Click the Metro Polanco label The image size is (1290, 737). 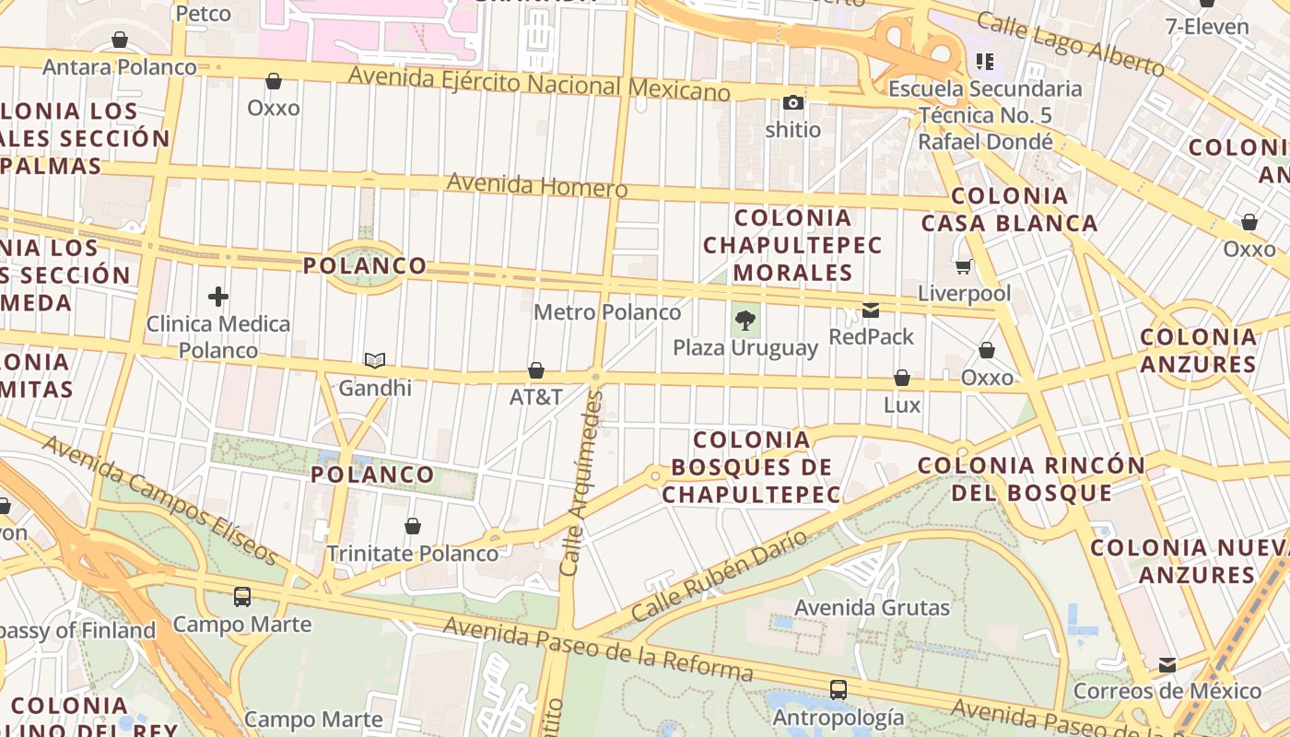[607, 312]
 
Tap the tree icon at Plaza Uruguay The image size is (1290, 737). [745, 321]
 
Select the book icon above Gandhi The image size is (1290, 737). [375, 360]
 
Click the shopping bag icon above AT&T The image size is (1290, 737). [536, 370]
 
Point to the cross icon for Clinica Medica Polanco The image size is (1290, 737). [218, 297]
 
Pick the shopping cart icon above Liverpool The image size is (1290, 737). [964, 266]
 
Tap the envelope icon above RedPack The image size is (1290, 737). [871, 310]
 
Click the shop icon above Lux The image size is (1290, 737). [902, 378]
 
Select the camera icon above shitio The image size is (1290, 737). [793, 102]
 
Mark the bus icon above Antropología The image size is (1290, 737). [838, 689]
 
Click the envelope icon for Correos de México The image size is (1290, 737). [1167, 664]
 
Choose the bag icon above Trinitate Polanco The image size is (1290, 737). [413, 526]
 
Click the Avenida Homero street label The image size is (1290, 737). [537, 185]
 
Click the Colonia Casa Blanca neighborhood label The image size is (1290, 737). [1010, 209]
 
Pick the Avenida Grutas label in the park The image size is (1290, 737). [872, 608]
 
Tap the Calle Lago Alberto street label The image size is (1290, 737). [1070, 43]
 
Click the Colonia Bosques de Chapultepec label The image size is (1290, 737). [751, 467]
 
